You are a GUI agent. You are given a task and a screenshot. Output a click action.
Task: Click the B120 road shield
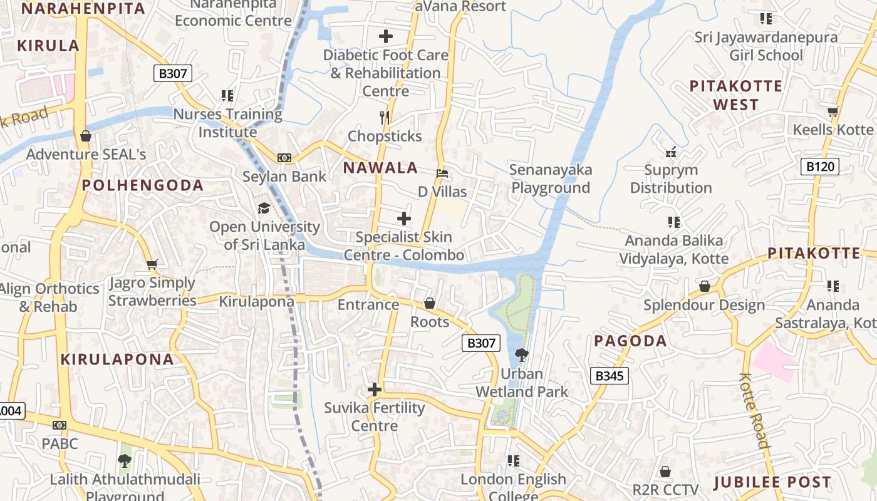pos(819,167)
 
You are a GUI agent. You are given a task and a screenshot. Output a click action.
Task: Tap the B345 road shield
pos(609,376)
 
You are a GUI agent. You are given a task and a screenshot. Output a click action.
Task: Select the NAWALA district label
pos(380,168)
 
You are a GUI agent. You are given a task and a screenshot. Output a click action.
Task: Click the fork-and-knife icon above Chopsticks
pos(385,116)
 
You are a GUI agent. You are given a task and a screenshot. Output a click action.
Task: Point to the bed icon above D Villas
pos(442,173)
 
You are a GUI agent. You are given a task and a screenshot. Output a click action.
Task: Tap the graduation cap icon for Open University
pos(264,208)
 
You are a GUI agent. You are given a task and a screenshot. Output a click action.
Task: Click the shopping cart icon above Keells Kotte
pos(833,112)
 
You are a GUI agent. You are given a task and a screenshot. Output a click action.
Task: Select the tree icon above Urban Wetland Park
pos(521,355)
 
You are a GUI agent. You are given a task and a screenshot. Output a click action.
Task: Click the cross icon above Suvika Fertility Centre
pos(375,390)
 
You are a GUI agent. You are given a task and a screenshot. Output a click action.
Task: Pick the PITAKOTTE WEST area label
pos(736,95)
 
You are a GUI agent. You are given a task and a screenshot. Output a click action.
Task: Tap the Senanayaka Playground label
pos(550,178)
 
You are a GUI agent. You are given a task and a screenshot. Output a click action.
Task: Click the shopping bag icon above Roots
pos(430,304)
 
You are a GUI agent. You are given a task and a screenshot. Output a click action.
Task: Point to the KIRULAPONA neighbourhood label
pos(117,359)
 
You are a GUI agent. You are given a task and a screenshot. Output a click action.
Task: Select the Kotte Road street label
pos(754,411)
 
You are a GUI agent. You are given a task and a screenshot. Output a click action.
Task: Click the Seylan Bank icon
pos(284,158)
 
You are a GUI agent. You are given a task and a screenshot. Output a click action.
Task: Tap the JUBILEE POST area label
pos(772,483)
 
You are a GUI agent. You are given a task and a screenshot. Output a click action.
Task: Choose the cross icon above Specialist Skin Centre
pos(404,219)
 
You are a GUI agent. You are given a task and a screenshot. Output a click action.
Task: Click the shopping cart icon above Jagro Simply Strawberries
pos(152,264)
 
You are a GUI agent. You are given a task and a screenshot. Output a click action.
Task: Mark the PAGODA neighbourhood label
pos(630,341)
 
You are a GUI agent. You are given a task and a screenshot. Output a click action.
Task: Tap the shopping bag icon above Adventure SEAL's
pos(86,136)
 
